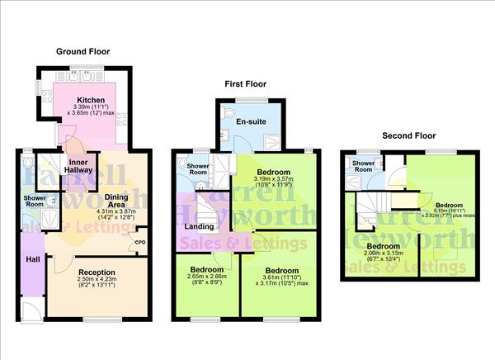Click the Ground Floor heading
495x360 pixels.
(x=82, y=51)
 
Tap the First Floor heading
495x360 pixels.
(x=247, y=83)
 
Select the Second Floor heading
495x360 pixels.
(x=408, y=135)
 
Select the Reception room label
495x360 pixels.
(x=97, y=272)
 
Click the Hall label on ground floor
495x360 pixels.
(x=32, y=259)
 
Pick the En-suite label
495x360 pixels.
(x=246, y=121)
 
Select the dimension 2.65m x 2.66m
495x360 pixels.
(x=207, y=279)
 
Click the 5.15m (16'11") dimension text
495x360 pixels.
(x=450, y=211)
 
